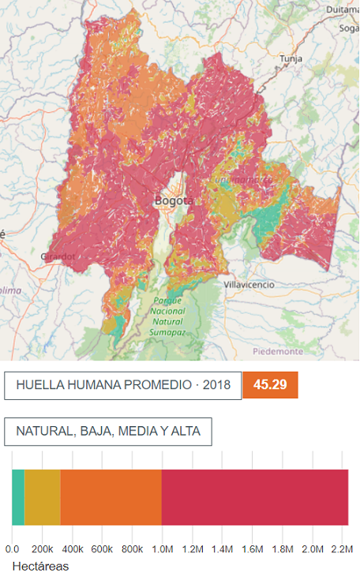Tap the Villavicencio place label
click(x=249, y=283)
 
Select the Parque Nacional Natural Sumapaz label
click(x=167, y=316)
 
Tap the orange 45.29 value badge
click(x=270, y=385)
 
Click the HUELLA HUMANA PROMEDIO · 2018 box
click(x=122, y=385)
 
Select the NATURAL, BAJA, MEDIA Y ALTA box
click(x=108, y=432)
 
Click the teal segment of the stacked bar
click(x=18, y=497)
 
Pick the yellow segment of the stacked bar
click(x=43, y=497)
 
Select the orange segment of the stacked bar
click(x=111, y=497)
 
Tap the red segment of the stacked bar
click(x=255, y=497)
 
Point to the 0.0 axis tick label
click(x=13, y=549)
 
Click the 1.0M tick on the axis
click(x=162, y=549)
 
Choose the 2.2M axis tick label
click(x=342, y=549)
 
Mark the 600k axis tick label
click(x=102, y=549)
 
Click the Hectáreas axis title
click(x=41, y=567)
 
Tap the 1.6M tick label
click(x=252, y=549)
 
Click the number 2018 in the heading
click(x=216, y=385)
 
